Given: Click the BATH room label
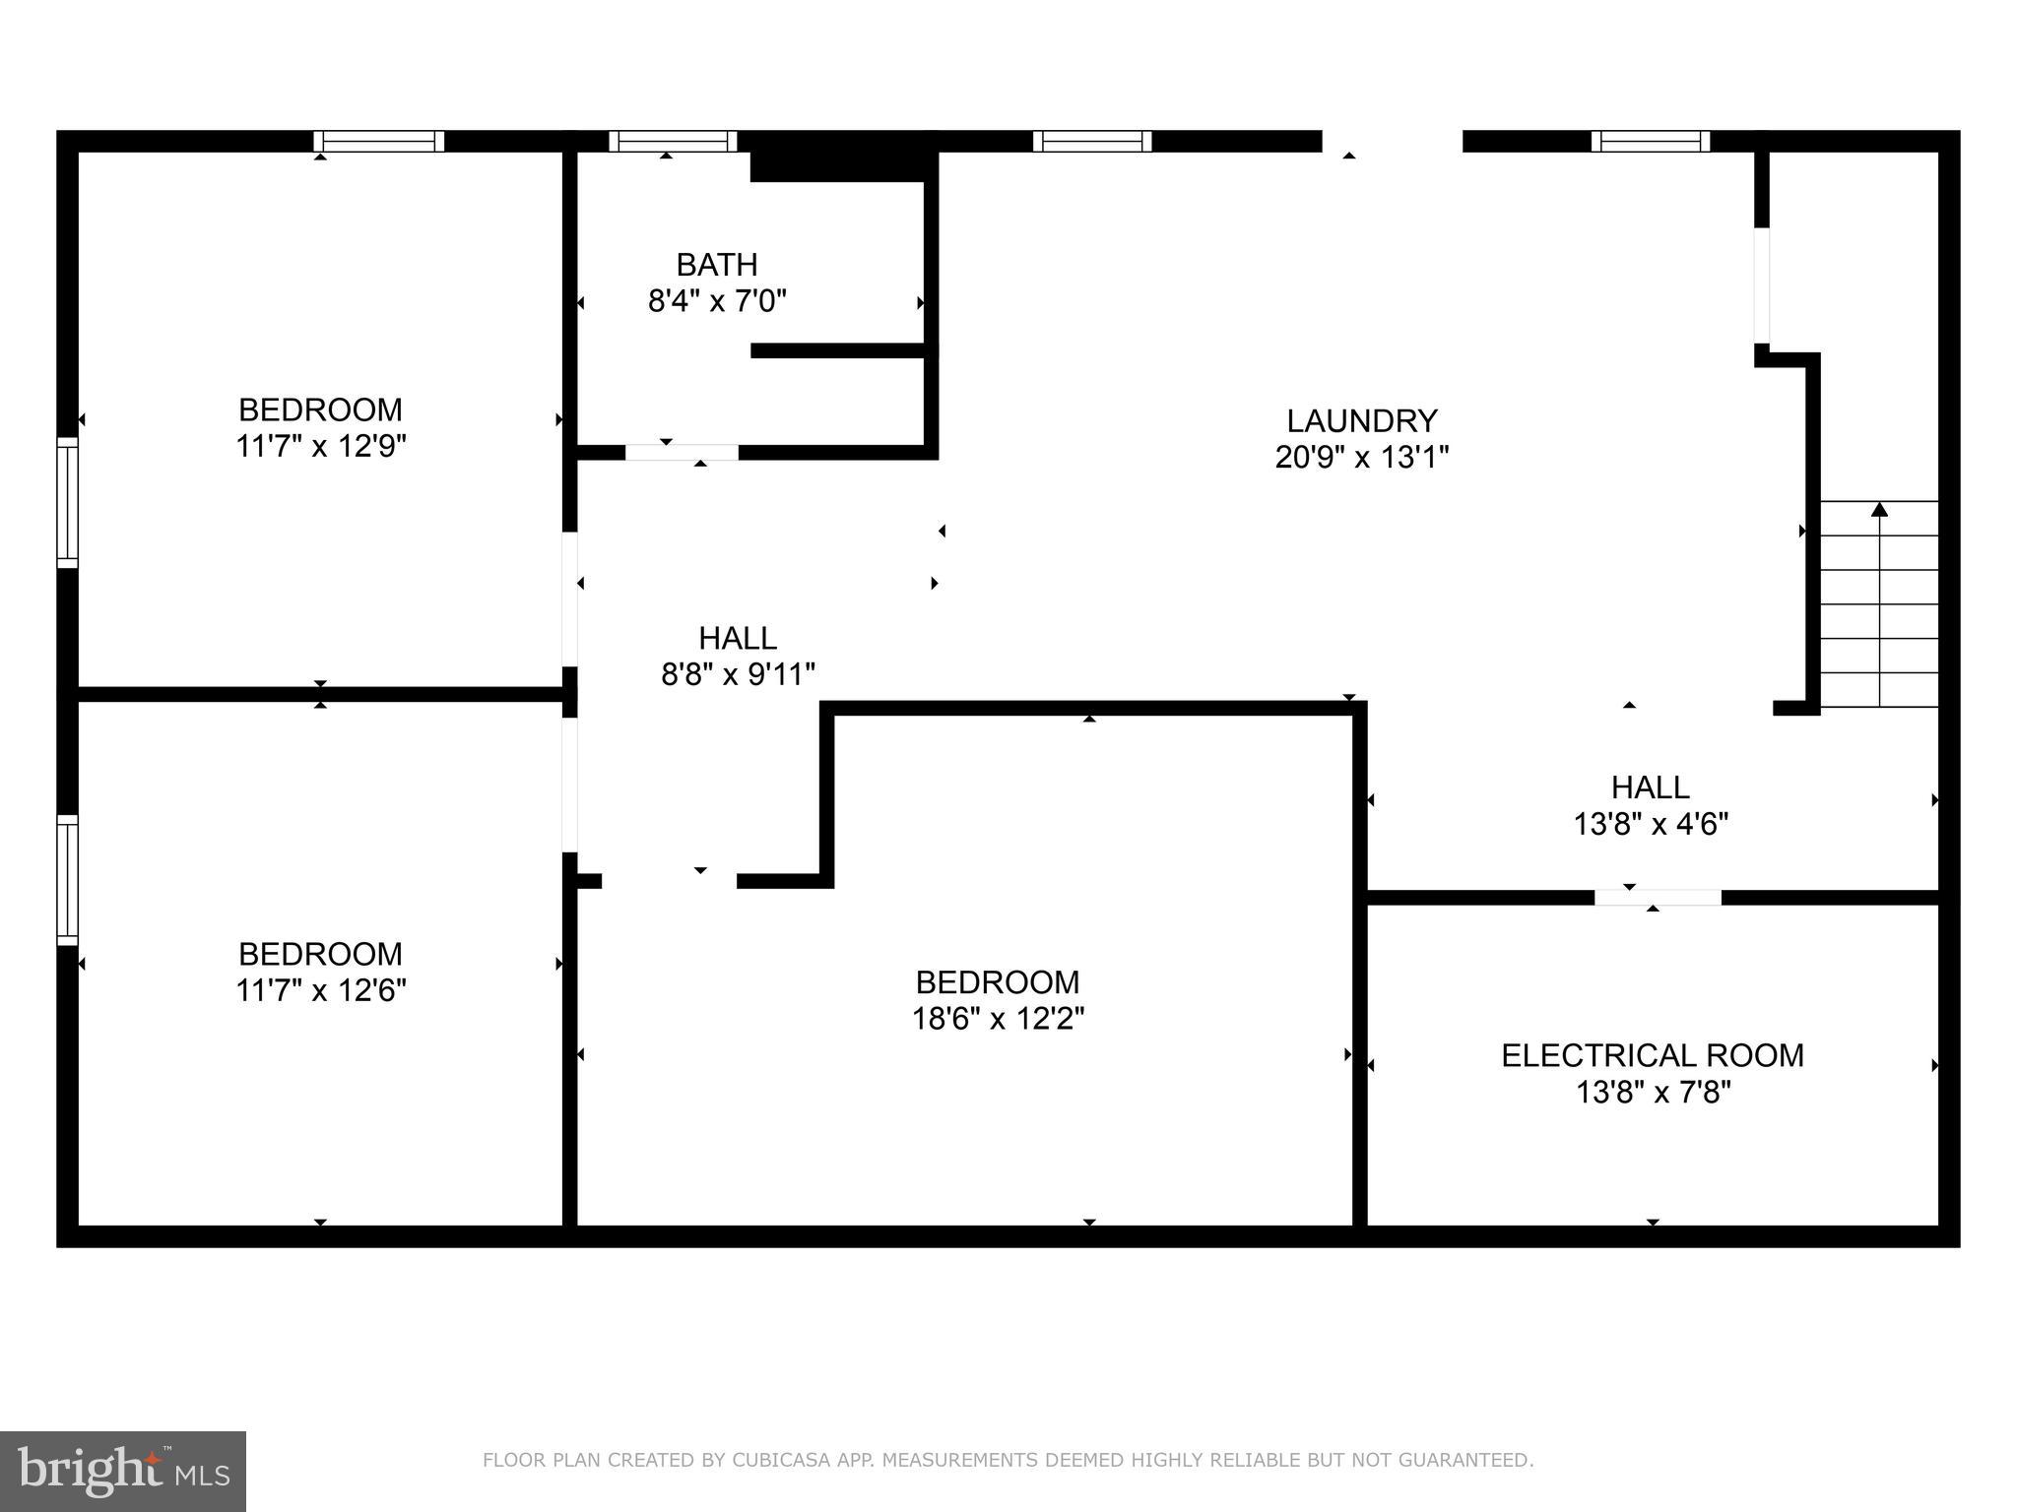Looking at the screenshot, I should (x=716, y=265).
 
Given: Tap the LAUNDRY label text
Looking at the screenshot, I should (x=1361, y=421).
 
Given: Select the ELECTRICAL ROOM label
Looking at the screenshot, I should (x=1652, y=1055).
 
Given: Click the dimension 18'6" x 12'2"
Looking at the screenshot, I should (x=997, y=1019).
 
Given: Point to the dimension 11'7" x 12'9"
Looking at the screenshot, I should (x=320, y=446).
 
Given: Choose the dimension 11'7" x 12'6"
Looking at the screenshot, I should (x=320, y=990).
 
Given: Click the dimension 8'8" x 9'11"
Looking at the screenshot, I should (x=738, y=674).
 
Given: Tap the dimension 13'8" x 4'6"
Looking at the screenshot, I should (x=1651, y=824).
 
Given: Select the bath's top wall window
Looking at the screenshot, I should (x=673, y=141).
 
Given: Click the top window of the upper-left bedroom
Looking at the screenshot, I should (x=379, y=141).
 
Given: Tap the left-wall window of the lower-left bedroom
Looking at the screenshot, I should (x=67, y=879).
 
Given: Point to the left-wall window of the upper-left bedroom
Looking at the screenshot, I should (x=67, y=502).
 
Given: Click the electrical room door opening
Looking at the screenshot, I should (x=1658, y=897).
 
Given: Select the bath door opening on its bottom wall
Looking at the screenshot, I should (x=682, y=452).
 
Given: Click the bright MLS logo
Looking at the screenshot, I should (x=122, y=1471).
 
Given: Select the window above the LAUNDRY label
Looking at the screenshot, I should (x=1091, y=141).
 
